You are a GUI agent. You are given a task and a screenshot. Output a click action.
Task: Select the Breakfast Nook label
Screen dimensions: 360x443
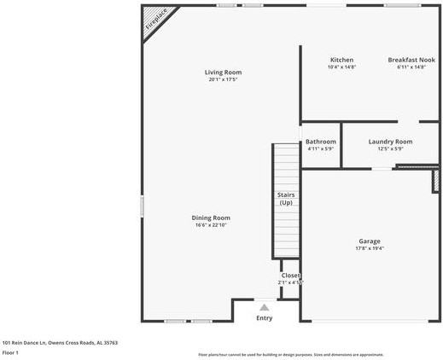coord(411,60)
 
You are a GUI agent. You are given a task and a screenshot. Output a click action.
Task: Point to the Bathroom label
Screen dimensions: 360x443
coord(321,142)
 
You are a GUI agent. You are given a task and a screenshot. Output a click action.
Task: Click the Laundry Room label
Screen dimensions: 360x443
coord(390,142)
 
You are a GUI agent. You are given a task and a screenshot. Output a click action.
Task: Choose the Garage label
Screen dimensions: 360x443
coord(370,241)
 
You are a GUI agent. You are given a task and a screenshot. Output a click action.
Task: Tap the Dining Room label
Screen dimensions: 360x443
coord(211,218)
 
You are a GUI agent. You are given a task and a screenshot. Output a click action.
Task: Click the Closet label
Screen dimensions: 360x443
coord(291,276)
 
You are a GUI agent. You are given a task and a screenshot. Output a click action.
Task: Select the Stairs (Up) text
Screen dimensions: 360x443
coord(286,199)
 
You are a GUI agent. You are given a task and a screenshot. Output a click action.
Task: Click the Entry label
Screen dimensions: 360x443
coord(265,318)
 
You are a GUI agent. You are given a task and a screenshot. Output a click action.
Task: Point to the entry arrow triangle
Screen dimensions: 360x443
coord(265,307)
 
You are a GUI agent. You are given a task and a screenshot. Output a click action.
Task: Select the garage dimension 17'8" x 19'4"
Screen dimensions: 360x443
coord(370,249)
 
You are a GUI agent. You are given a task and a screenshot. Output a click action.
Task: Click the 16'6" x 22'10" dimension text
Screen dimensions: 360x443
coord(211,225)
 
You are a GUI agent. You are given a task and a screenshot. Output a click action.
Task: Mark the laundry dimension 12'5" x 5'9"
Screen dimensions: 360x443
coord(390,148)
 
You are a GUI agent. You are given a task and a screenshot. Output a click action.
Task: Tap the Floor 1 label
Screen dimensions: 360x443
coord(10,352)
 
